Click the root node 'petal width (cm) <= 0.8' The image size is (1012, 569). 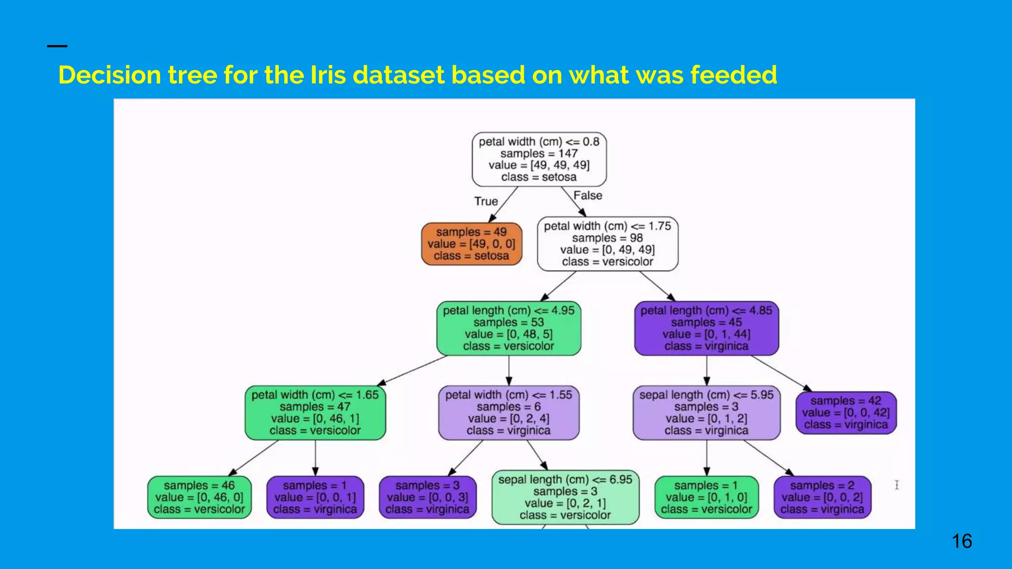point(539,159)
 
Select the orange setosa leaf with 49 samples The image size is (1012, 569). point(471,244)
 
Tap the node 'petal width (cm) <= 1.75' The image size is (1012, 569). point(607,244)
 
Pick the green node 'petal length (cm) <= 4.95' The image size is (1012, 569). point(508,328)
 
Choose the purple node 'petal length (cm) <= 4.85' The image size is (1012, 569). point(706,328)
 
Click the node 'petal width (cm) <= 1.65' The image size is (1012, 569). point(315,413)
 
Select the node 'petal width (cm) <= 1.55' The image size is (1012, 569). point(508,413)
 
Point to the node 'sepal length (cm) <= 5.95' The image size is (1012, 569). point(706,413)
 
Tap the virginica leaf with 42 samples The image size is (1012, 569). point(845,413)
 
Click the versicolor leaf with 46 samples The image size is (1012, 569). point(199,497)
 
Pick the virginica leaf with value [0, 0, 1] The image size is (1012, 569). point(315,497)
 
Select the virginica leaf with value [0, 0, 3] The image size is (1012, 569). point(427,497)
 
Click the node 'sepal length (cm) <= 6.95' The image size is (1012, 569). point(565,497)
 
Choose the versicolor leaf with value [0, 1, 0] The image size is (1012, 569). point(706,497)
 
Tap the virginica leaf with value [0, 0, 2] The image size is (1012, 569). point(822,497)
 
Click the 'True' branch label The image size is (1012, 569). point(486,202)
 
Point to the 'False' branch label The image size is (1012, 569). point(588,196)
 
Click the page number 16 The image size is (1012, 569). point(962,541)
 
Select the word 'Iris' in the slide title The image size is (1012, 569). point(328,75)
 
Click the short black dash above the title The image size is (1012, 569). point(57,46)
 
